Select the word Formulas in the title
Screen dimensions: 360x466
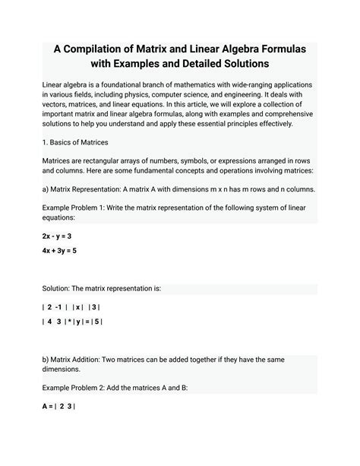279,48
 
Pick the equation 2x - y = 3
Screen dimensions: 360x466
57,236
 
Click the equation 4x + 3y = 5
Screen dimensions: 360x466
60,250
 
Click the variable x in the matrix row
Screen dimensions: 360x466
78,307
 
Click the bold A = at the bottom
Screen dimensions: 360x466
48,407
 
